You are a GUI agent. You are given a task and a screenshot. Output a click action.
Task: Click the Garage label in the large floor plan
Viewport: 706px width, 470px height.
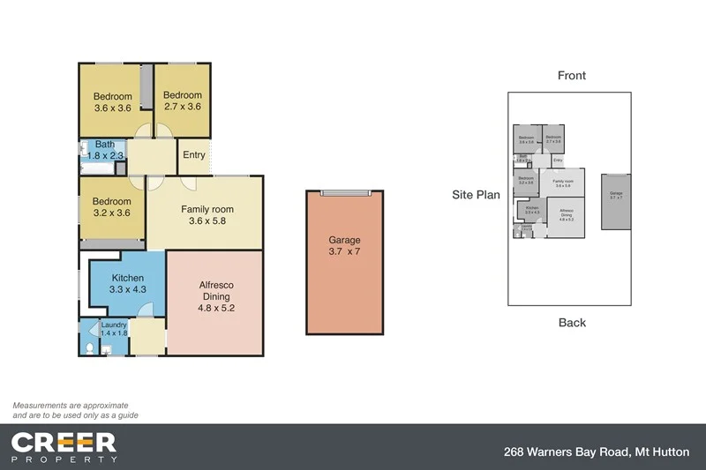pos(344,239)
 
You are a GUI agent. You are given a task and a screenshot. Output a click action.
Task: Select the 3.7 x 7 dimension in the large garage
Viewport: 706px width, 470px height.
pos(344,252)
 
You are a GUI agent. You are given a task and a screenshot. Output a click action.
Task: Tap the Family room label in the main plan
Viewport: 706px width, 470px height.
pos(204,209)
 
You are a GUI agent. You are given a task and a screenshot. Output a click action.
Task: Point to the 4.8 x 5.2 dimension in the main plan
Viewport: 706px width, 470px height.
pos(214,309)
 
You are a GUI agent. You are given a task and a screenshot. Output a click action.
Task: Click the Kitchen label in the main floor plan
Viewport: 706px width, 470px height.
pos(127,277)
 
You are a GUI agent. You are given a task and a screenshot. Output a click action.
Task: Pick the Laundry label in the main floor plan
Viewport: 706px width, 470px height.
pos(114,325)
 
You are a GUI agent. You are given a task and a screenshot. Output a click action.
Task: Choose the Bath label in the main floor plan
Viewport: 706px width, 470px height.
pos(105,145)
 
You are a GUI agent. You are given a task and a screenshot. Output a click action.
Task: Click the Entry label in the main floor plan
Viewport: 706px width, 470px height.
pos(193,155)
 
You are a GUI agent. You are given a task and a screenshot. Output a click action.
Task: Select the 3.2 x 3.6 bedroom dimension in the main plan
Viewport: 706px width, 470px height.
pos(112,213)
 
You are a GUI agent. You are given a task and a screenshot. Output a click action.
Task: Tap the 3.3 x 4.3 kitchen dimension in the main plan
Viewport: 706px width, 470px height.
pos(127,289)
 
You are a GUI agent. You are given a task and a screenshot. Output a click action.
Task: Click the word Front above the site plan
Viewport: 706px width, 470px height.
pos(571,76)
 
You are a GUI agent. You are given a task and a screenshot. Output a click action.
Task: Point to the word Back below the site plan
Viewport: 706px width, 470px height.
pos(572,323)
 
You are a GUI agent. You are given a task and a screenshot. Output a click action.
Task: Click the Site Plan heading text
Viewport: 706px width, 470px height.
pos(476,195)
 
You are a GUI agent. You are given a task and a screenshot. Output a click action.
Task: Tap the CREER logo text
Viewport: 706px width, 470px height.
pos(64,441)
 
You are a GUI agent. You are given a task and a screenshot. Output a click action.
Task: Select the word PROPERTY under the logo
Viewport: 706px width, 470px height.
pos(64,459)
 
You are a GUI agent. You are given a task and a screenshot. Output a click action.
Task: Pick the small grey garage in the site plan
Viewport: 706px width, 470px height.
pos(616,201)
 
